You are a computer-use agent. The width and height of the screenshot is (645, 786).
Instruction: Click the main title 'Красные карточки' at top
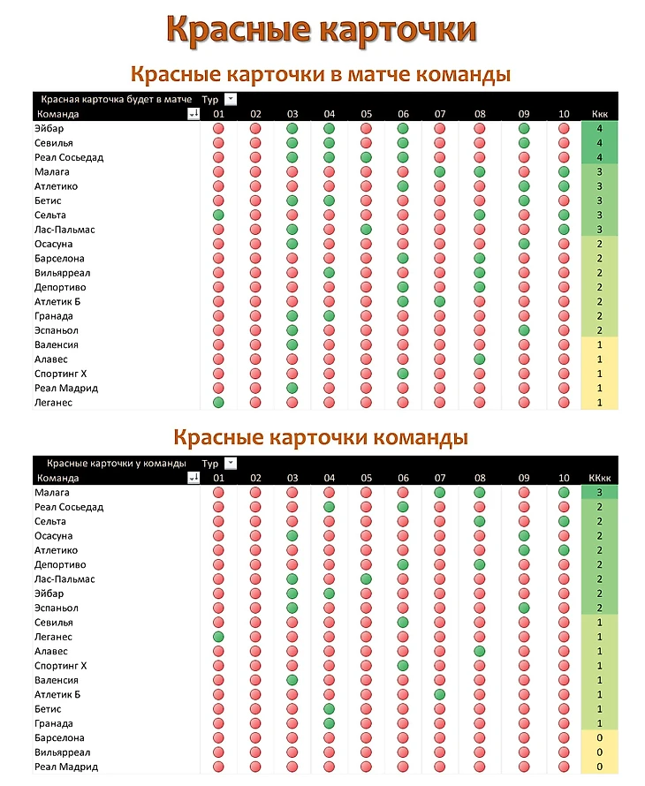coord(322,28)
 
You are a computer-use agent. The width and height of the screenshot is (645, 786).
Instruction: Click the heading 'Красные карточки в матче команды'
coord(321,73)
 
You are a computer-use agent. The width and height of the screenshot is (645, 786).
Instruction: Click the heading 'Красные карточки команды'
coord(321,437)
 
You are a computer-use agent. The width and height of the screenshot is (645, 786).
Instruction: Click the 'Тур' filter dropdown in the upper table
coord(231,99)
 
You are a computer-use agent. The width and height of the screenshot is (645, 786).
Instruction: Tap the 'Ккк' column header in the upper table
coord(599,114)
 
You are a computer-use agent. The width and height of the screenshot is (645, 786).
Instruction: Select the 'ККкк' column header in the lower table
coord(599,478)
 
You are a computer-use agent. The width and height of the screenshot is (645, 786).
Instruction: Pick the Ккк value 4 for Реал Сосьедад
coord(599,157)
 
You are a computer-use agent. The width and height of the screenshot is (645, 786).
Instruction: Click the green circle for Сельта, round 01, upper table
coord(218,215)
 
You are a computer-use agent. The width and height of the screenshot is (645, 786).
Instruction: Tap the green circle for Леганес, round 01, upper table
coord(218,403)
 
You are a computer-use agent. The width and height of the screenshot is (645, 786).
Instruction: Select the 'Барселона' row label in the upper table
coord(59,259)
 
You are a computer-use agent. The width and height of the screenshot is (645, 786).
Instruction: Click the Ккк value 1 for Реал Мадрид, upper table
coord(599,388)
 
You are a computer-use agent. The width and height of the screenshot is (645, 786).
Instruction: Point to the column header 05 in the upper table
coord(366,114)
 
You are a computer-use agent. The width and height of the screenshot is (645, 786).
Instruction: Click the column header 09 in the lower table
coord(524,478)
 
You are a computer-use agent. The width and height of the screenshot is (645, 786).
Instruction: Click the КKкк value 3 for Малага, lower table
coord(599,492)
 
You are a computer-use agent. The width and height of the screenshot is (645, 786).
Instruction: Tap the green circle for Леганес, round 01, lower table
coord(218,637)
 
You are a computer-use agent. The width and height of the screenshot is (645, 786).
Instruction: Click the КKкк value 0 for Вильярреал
coord(599,752)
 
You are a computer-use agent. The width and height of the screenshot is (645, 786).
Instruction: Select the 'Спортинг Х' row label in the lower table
coord(60,666)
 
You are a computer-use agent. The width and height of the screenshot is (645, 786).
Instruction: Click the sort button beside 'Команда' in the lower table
coord(193,478)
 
